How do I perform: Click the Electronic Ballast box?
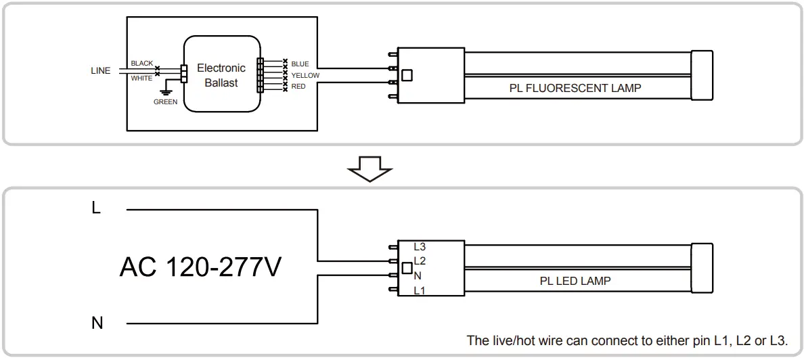221,73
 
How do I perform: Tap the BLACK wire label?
142,64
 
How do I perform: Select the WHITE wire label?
141,78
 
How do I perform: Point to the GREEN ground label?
166,102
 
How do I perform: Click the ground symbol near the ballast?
166,92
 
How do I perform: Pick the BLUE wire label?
300,64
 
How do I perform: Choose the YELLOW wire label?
305,75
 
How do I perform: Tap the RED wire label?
298,87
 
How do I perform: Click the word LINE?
100,71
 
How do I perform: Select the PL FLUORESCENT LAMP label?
575,88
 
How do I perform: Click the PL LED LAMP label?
575,281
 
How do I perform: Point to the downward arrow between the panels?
370,168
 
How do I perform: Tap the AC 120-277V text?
200,267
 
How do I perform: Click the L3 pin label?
420,247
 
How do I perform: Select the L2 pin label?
420,261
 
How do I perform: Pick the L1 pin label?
420,291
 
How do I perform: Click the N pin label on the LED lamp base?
418,276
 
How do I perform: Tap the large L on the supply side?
96,208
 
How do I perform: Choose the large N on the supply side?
97,323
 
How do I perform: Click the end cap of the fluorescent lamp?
702,75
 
